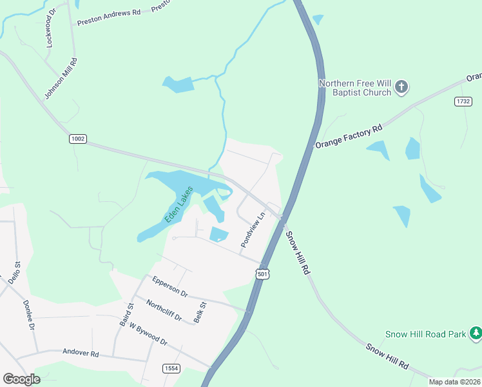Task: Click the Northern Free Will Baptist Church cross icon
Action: (x=401, y=86)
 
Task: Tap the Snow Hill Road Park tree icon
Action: (x=476, y=333)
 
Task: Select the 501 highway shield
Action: (x=262, y=274)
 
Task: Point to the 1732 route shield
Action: (x=463, y=102)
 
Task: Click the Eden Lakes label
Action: (x=178, y=204)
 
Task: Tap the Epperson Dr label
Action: (x=169, y=286)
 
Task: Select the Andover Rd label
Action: (x=81, y=353)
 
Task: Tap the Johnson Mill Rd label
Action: (x=61, y=79)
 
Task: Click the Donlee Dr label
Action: (x=29, y=314)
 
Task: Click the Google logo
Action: (x=21, y=379)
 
